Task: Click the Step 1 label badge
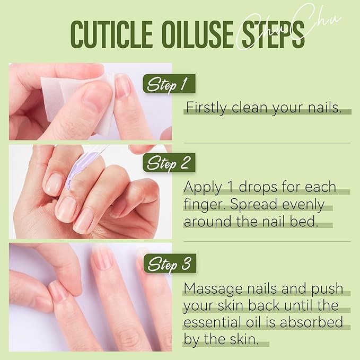coord(169,84)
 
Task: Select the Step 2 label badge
coord(169,162)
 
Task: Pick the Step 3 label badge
coord(169,264)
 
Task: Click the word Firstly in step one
coord(204,108)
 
